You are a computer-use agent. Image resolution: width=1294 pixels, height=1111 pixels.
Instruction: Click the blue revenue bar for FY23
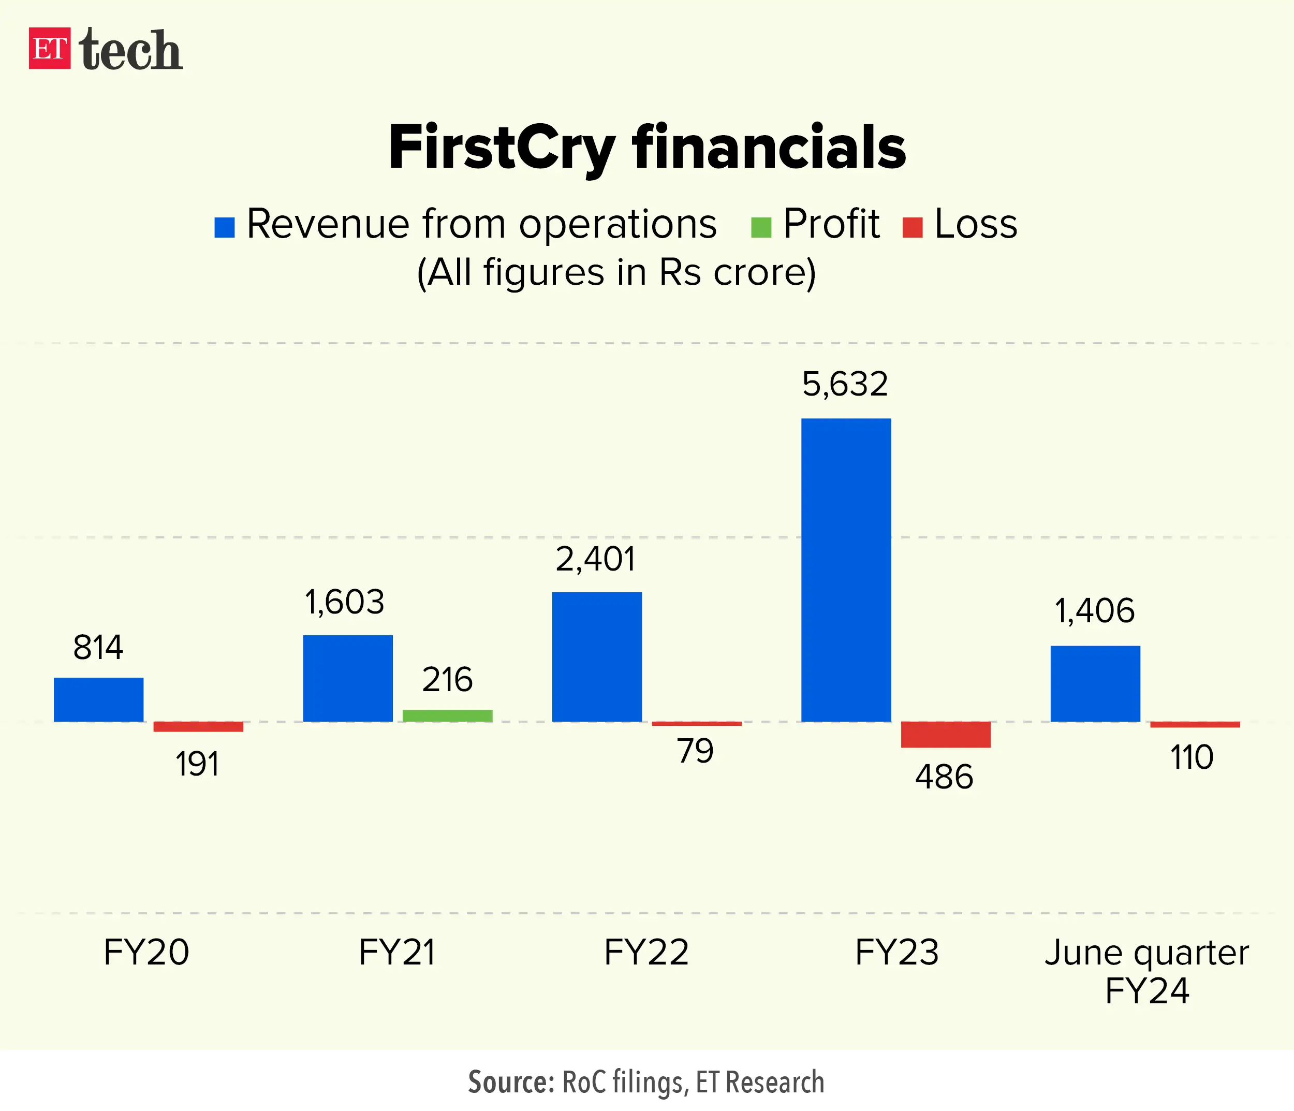pos(846,569)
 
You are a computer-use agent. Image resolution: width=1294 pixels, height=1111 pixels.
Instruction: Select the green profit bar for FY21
pos(447,715)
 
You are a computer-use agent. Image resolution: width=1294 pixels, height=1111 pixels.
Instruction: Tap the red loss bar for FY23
pos(946,735)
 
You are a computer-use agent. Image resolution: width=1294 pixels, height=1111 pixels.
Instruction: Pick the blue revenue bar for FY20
pos(99,699)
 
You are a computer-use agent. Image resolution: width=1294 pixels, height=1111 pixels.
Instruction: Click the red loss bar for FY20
pos(198,726)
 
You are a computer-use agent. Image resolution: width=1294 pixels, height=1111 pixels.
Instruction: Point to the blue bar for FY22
pos(596,656)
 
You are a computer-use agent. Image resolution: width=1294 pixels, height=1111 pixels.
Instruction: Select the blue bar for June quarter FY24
pos(1095,683)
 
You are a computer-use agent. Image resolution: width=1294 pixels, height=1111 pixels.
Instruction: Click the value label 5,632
pos(844,384)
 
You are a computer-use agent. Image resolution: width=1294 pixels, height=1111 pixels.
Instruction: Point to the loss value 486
pos(944,778)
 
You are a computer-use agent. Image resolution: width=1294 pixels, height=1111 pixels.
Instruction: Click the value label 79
pos(695,751)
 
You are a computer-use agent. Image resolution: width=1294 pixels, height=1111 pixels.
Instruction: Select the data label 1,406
pos(1094,611)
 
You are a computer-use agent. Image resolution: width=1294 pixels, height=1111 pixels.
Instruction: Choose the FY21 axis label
pos(396,953)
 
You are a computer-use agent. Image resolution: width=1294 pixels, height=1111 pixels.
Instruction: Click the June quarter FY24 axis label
pos(1146,971)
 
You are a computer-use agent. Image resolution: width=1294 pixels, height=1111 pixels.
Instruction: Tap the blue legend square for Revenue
pos(224,227)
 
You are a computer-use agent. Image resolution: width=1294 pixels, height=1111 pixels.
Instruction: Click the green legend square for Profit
pos(761,227)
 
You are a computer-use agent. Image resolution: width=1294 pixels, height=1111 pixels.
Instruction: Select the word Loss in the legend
pos(976,224)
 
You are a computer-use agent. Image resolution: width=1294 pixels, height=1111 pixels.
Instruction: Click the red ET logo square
pos(49,48)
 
